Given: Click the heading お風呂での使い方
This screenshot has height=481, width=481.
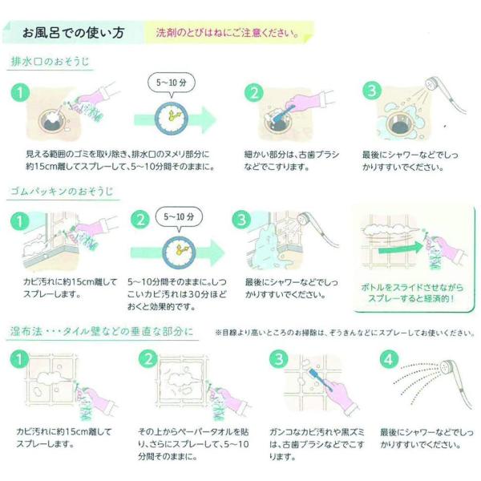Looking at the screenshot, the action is tap(73, 33).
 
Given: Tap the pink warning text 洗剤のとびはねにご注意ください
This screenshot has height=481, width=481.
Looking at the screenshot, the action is tap(228, 33).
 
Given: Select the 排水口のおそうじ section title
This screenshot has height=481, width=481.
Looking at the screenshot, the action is tap(50, 62).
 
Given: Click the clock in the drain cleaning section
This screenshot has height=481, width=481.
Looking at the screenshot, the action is tap(172, 118).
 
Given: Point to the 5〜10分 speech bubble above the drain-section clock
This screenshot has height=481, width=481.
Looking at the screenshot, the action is tap(172, 83).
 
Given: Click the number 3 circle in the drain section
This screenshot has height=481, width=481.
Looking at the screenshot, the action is tap(372, 91).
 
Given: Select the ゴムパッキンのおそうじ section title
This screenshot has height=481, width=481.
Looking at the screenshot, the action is tap(63, 192).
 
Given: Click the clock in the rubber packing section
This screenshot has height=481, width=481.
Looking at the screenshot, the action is tap(179, 252).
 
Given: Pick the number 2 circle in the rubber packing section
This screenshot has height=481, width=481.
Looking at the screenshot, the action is tap(140, 220).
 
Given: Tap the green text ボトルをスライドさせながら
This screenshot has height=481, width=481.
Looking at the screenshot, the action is tap(412, 288).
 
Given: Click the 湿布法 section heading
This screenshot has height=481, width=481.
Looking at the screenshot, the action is tap(102, 332).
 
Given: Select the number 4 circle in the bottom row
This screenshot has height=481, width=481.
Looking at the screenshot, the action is tap(389, 359).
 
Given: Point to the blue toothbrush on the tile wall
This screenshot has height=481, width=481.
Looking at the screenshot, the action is tap(321, 380).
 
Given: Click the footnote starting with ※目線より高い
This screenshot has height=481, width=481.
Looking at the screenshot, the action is tap(345, 333).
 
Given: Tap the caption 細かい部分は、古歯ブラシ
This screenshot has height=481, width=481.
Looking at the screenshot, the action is tap(292, 155).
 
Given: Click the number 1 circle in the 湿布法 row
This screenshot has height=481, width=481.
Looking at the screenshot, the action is tap(19, 359).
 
